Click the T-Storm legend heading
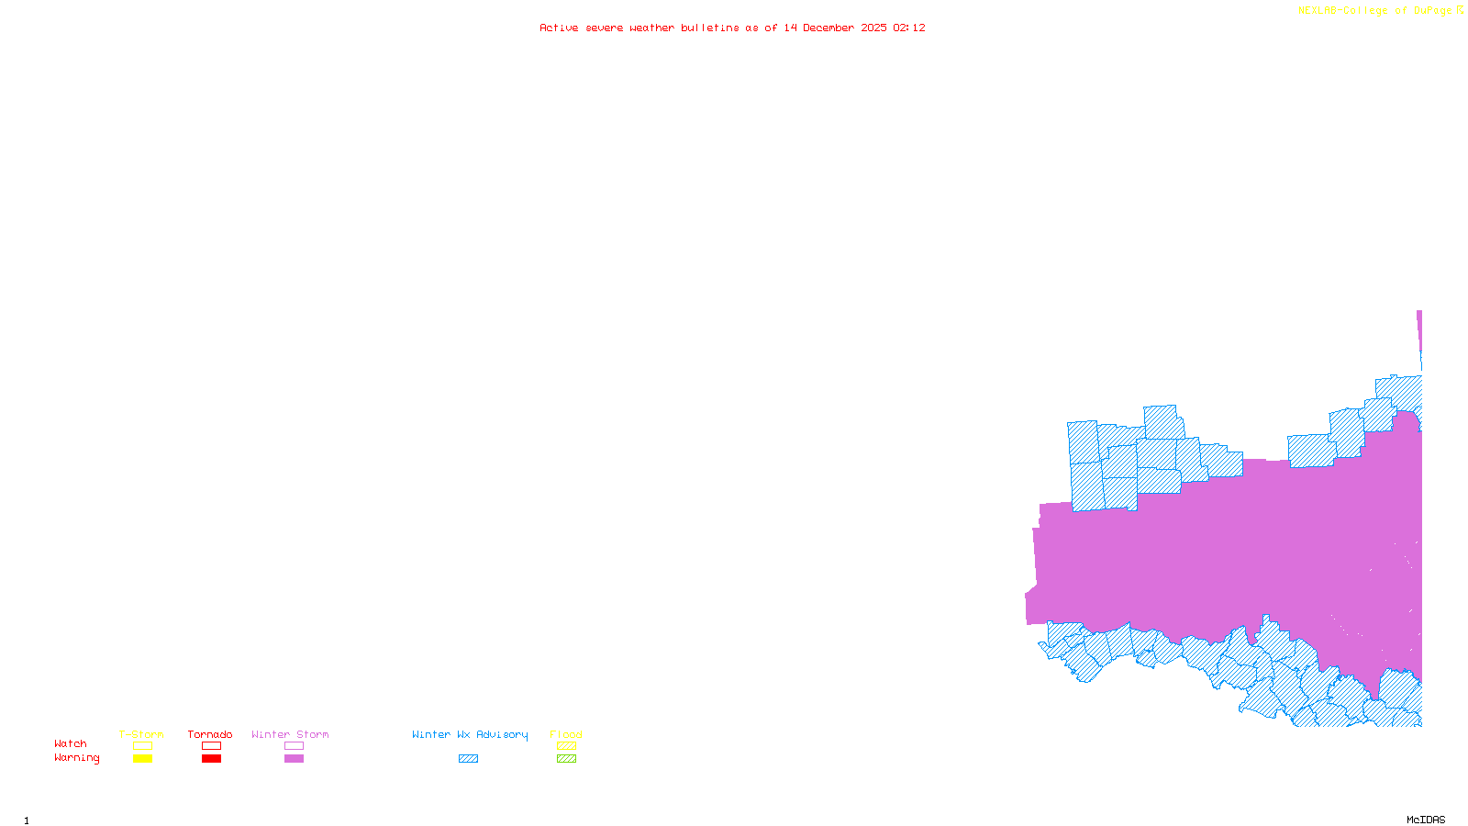click(141, 734)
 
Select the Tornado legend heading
click(210, 734)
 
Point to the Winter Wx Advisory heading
click(470, 734)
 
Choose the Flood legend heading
click(566, 734)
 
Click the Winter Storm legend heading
click(290, 734)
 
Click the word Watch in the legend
click(71, 744)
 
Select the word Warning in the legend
click(77, 758)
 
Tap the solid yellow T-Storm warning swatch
click(142, 759)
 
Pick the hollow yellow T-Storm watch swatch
click(142, 746)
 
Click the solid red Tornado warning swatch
click(211, 759)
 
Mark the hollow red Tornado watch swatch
click(211, 746)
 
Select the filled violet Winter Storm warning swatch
click(294, 759)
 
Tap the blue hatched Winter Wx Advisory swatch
click(468, 759)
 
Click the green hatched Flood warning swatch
click(566, 759)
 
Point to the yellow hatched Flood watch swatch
click(566, 746)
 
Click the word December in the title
click(829, 28)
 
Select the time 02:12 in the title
click(909, 28)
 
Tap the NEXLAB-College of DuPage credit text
click(1375, 11)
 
